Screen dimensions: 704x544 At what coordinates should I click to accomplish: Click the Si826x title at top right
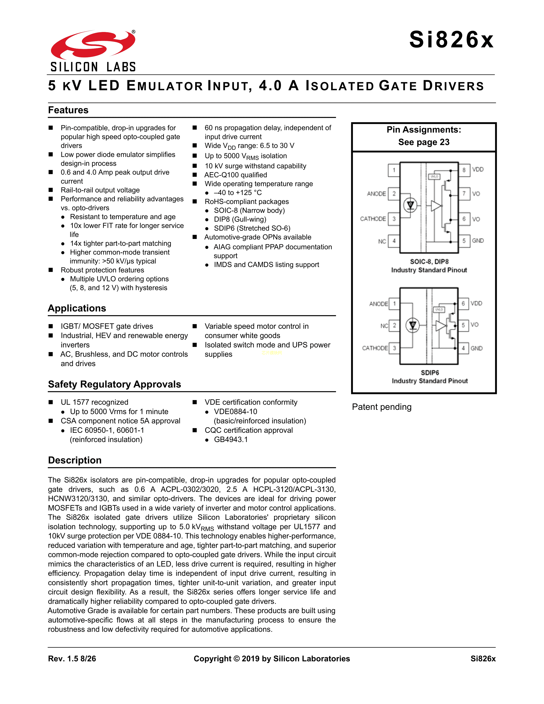click(x=451, y=40)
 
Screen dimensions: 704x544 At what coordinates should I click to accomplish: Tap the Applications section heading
click(x=77, y=308)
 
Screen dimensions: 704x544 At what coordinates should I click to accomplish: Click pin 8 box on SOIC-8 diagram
click(x=464, y=170)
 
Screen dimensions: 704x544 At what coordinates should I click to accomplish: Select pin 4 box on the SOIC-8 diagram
click(x=394, y=241)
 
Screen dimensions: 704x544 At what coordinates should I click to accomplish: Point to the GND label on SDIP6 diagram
click(x=476, y=348)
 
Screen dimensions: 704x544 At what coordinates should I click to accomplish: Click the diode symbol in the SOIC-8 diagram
click(x=410, y=205)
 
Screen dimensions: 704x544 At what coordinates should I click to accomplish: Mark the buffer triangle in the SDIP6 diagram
click(x=441, y=326)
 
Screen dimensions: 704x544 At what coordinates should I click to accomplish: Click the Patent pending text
click(x=382, y=407)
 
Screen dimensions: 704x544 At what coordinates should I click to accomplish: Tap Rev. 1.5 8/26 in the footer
click(x=72, y=659)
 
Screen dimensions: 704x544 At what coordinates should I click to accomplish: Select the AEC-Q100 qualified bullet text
click(x=236, y=175)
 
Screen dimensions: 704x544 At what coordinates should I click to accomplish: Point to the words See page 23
click(x=424, y=142)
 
